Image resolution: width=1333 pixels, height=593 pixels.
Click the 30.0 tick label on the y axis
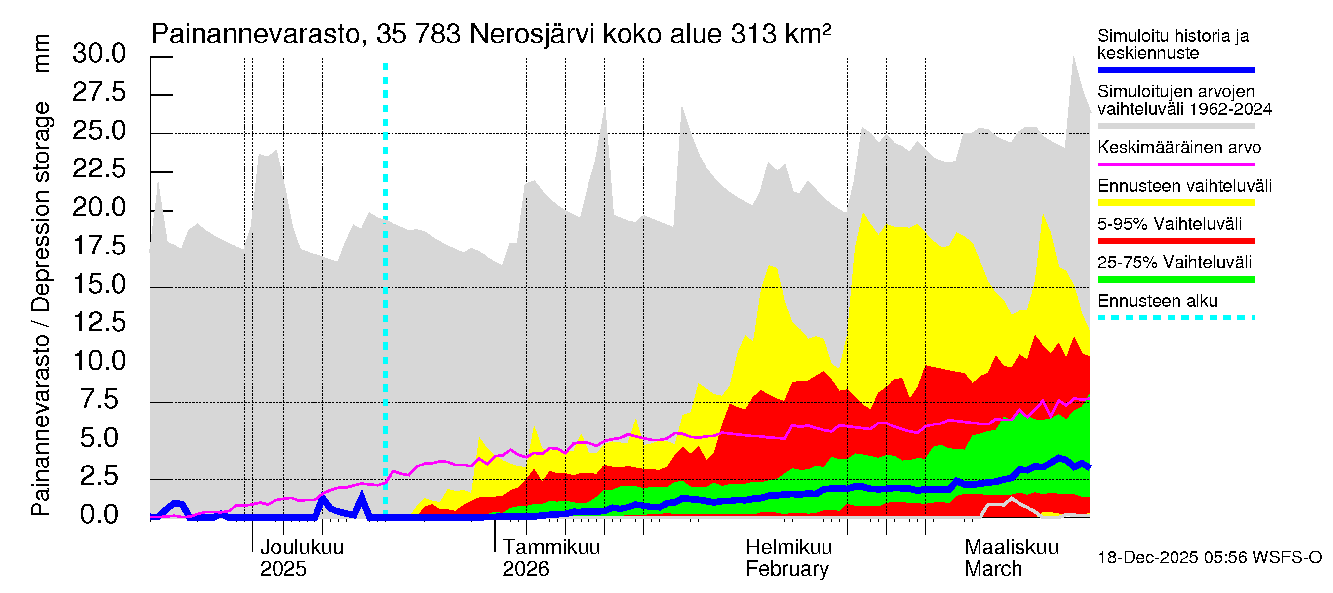(99, 54)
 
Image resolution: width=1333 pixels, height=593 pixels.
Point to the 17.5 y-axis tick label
(99, 246)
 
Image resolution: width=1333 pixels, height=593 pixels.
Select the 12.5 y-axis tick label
(99, 322)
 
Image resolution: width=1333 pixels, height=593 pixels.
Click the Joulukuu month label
(301, 548)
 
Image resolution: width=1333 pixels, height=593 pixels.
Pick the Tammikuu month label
(551, 548)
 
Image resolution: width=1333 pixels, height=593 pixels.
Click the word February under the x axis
(787, 569)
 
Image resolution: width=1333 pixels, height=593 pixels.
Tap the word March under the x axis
(993, 569)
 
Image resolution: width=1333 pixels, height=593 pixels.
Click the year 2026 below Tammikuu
(525, 569)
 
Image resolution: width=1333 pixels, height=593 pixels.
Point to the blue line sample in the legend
(1175, 70)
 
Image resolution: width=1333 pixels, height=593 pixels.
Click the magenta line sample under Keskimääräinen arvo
(1175, 164)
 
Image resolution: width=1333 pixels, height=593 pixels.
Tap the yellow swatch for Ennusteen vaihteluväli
(1175, 203)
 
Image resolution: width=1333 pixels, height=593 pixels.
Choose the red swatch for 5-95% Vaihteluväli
(1175, 241)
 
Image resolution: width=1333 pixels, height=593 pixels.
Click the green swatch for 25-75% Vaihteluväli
(1175, 280)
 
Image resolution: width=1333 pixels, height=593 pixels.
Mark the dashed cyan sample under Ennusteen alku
(1175, 317)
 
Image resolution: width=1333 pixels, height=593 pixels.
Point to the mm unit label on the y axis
(41, 53)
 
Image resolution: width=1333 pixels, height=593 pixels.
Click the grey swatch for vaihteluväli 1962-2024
(1175, 126)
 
